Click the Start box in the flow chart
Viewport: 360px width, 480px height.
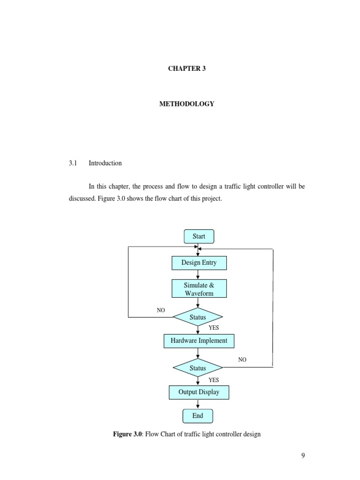coord(199,237)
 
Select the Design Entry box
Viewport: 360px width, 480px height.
coord(199,263)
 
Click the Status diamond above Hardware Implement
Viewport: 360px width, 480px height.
coord(198,317)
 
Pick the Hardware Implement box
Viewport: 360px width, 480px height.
coord(199,341)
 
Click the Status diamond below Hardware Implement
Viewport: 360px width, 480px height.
coord(198,368)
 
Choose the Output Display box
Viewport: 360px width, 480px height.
coord(199,392)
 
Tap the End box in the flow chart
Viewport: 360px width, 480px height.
coord(198,416)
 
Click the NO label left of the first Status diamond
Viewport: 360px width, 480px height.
coord(161,310)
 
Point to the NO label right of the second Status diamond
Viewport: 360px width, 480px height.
coord(242,360)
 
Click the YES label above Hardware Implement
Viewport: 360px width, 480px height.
coord(214,328)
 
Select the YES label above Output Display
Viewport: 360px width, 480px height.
coord(214,380)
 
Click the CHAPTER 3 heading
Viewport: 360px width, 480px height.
coord(187,68)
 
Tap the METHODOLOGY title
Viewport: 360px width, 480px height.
coord(187,104)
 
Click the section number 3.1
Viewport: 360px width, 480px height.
coord(72,163)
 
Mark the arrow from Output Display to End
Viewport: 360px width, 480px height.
coord(198,404)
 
